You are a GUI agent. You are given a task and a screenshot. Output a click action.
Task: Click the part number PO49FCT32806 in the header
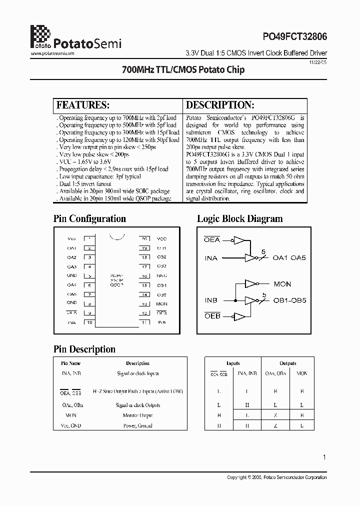pyautogui.click(x=294, y=37)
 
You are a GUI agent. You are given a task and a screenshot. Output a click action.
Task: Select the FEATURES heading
pyautogui.click(x=83, y=105)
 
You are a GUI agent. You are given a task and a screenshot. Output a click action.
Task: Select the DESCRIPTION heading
pyautogui.click(x=220, y=105)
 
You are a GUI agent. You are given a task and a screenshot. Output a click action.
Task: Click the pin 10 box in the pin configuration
pyautogui.click(x=90, y=322)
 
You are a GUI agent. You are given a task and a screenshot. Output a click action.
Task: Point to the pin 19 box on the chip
pyautogui.click(x=144, y=248)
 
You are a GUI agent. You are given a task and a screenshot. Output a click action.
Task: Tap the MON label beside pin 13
pyautogui.click(x=161, y=303)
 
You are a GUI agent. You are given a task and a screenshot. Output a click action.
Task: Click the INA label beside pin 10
pyautogui.click(x=71, y=322)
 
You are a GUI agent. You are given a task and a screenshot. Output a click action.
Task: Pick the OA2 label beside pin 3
pyautogui.click(x=71, y=257)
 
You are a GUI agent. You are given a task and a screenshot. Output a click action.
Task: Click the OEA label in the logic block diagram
pyautogui.click(x=212, y=240)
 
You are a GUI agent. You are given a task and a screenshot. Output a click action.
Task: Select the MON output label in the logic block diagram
pyautogui.click(x=282, y=284)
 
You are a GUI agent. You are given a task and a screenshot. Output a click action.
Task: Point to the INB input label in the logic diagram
pyautogui.click(x=211, y=300)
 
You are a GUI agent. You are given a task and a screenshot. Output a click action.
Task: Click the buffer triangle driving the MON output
pyautogui.click(x=250, y=284)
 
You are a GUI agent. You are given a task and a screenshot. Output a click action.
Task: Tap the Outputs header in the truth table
pyautogui.click(x=288, y=363)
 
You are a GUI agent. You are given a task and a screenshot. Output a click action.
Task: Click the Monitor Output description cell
pyautogui.click(x=137, y=415)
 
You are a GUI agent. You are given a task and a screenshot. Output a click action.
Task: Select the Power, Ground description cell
pyautogui.click(x=137, y=426)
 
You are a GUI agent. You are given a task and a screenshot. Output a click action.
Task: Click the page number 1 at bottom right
pyautogui.click(x=324, y=456)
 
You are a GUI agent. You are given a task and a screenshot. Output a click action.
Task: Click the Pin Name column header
pyautogui.click(x=70, y=363)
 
